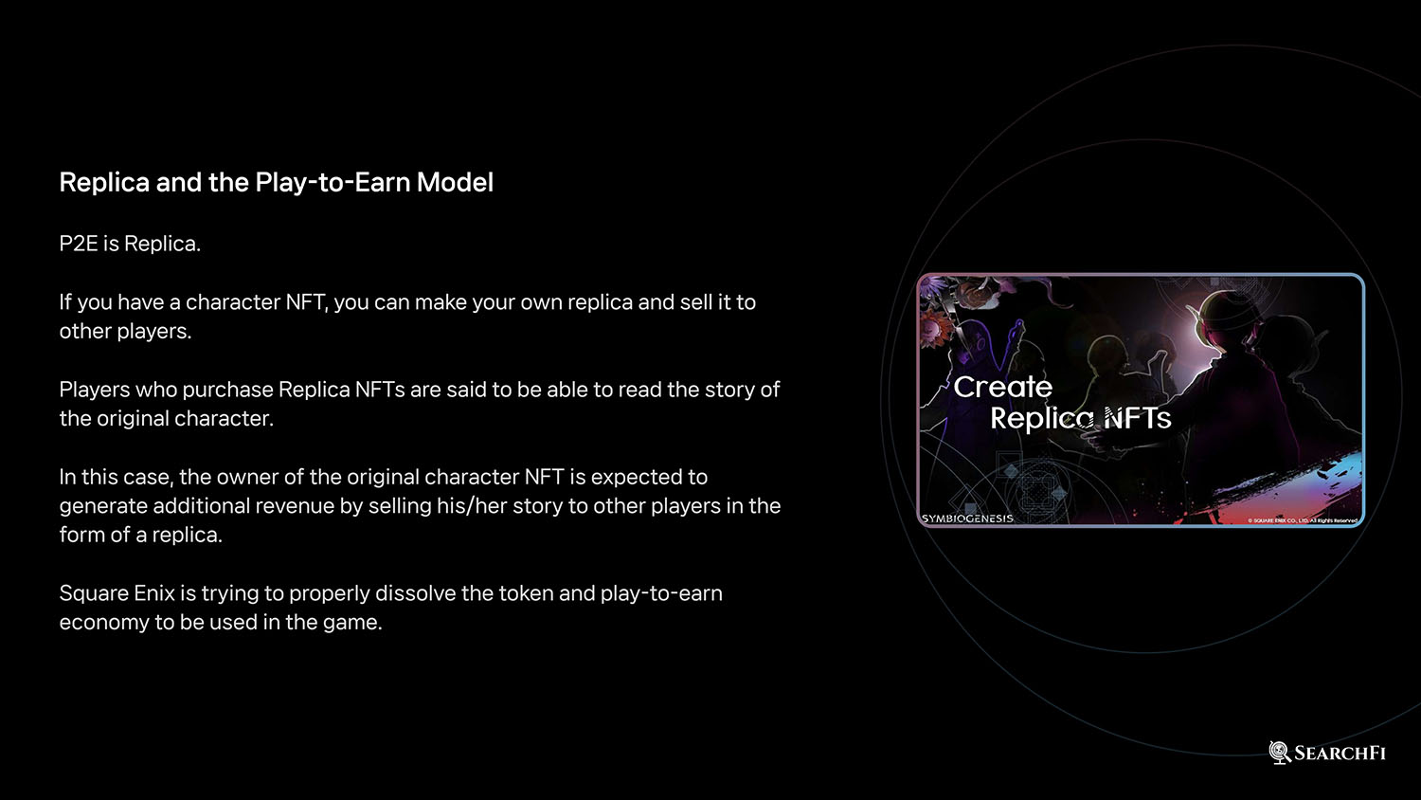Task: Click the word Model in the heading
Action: pyautogui.click(x=455, y=182)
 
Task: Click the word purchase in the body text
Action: pyautogui.click(x=227, y=390)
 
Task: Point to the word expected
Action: pyautogui.click(x=631, y=478)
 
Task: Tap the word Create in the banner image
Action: pyautogui.click(x=1003, y=388)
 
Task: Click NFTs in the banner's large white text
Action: pyautogui.click(x=1138, y=418)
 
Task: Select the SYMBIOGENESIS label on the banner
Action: pyautogui.click(x=967, y=518)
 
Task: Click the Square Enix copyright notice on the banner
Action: pyautogui.click(x=1303, y=520)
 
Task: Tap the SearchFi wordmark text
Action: pyautogui.click(x=1340, y=753)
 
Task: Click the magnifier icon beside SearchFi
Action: pyautogui.click(x=1280, y=753)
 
